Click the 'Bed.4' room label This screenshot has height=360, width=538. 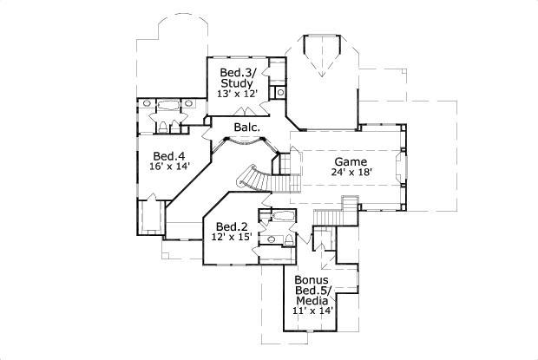[x=158, y=156]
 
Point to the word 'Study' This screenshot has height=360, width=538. [x=237, y=83]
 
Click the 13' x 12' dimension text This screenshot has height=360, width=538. [x=237, y=95]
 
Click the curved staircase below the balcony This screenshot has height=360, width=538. [x=253, y=178]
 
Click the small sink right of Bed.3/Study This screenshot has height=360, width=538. [x=280, y=92]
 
